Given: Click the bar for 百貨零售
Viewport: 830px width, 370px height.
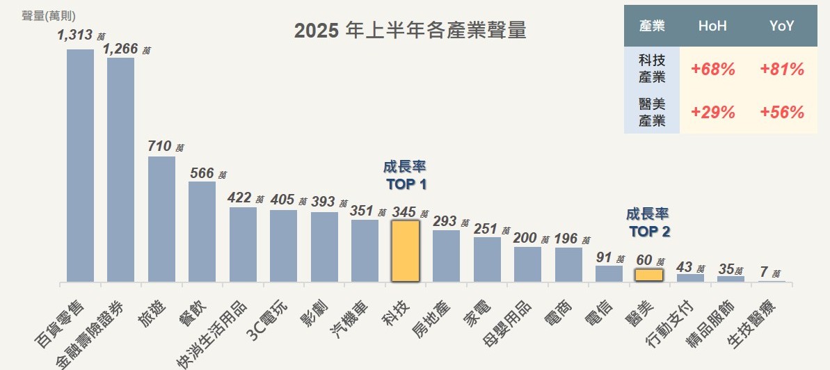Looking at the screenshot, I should (80, 166).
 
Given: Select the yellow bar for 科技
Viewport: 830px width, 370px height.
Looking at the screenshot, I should (405, 251).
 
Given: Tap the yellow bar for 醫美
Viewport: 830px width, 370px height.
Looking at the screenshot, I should (648, 275).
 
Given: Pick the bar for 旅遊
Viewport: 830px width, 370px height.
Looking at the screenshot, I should (161, 219).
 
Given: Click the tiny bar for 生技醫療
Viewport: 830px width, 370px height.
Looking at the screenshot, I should (772, 281).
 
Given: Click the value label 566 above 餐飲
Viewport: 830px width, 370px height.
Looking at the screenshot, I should (202, 173).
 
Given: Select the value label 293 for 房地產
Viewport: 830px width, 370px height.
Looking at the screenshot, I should (445, 221).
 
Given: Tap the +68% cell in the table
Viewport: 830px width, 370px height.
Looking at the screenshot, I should (712, 70).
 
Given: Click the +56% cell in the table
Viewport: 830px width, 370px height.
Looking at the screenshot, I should (782, 113).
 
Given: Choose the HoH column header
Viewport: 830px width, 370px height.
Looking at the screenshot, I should (712, 26).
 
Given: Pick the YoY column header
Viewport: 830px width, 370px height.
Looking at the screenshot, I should (782, 26).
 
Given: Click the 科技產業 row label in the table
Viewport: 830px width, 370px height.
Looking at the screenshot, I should (652, 69).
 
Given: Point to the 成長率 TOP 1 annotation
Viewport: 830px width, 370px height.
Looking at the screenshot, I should (405, 176).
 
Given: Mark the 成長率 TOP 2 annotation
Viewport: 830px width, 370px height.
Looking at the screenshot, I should (648, 223).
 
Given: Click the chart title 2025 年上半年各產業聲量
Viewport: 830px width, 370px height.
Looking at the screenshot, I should (410, 31).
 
